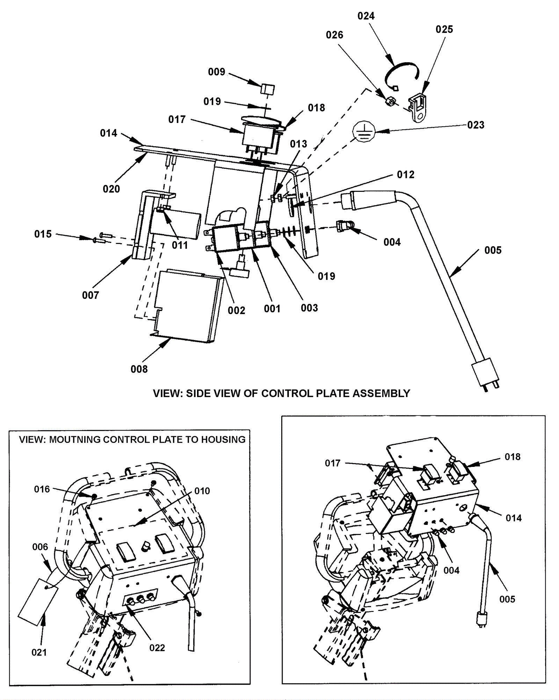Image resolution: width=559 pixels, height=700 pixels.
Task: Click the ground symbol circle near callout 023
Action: click(364, 131)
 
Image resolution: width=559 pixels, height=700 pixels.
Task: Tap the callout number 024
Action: click(366, 16)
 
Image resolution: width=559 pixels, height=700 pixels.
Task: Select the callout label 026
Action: click(334, 35)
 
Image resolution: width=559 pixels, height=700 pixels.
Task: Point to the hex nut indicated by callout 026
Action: click(391, 102)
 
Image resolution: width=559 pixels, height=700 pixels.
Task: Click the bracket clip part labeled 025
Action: click(418, 107)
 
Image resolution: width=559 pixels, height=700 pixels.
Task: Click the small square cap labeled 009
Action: click(267, 89)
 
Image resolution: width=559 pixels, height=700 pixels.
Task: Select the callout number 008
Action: click(139, 369)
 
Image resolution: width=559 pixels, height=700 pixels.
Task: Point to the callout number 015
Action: click(43, 234)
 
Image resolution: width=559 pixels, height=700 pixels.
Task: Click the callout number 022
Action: click(157, 648)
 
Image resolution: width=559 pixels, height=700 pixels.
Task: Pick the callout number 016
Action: click(42, 489)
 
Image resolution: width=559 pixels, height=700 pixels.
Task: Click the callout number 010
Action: click(202, 491)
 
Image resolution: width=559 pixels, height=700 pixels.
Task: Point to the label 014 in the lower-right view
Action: click(514, 518)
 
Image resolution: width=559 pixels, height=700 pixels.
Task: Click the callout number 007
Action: click(90, 296)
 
